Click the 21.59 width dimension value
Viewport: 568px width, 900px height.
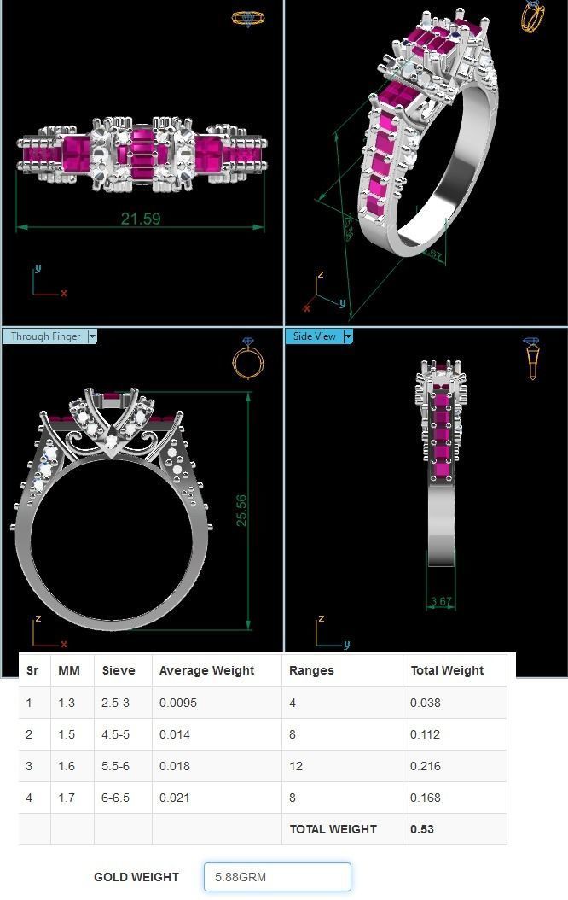tap(141, 219)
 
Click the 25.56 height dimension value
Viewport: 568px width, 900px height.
tap(241, 510)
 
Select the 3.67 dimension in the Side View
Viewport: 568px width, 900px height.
tap(441, 601)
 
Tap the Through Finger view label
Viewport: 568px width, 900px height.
tap(45, 336)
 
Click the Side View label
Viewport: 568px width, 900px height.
tap(314, 336)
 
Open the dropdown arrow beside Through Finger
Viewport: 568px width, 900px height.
tap(92, 336)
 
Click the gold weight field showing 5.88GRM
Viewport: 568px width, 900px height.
tap(277, 877)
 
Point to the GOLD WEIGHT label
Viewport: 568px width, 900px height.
tap(136, 877)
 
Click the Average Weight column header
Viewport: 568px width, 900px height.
tap(206, 670)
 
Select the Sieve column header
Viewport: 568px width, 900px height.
tap(119, 670)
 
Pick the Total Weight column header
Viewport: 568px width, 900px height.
tap(447, 670)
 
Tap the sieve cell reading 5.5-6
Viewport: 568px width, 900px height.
tap(116, 766)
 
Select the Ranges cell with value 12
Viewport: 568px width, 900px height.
tap(296, 766)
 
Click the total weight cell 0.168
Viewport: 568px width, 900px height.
tap(426, 798)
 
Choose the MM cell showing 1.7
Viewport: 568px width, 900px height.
tap(67, 798)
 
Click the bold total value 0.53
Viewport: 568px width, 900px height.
tap(421, 829)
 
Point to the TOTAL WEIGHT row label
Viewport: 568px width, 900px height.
tap(333, 829)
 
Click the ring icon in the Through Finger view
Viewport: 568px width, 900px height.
tap(248, 359)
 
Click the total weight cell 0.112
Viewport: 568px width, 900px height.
tap(426, 734)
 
